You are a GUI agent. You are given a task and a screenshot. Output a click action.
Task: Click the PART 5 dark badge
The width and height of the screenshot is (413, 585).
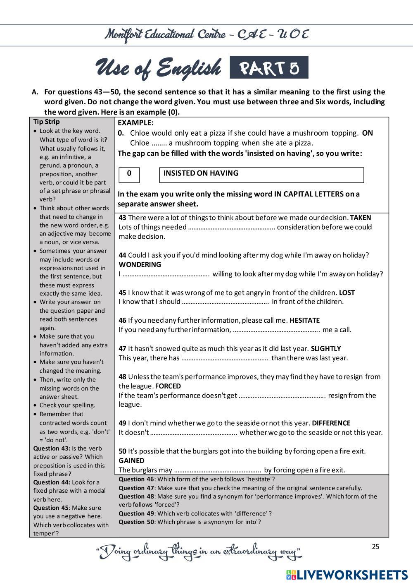point(269,68)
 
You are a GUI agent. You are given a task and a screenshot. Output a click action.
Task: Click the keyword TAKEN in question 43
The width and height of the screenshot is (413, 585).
point(361,218)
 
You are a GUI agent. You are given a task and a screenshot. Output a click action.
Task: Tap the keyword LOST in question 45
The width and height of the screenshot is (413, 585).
point(347,292)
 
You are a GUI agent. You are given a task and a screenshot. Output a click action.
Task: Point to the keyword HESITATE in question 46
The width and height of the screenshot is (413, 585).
point(304,320)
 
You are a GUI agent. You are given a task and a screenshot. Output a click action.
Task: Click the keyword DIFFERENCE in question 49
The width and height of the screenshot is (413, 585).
point(331,423)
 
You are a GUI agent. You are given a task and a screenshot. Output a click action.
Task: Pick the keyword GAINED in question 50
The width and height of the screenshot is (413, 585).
point(131,460)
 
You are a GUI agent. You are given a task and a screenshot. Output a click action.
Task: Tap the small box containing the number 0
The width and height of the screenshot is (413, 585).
point(129,174)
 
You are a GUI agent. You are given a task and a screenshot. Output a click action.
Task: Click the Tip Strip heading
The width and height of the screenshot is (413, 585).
point(46,122)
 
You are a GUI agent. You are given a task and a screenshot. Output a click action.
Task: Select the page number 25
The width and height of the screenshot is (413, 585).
point(375,547)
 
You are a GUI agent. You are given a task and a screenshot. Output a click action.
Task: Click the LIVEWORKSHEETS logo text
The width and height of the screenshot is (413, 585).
point(351,575)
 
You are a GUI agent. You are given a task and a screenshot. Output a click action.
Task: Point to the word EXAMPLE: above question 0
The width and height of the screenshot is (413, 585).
point(135,122)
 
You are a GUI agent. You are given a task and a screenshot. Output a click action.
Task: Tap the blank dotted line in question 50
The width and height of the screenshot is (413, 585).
point(217,470)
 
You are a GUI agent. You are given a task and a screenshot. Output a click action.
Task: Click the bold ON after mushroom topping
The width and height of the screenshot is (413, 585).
point(367,133)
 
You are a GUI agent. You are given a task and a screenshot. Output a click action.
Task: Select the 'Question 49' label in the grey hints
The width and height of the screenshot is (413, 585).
point(136,513)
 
